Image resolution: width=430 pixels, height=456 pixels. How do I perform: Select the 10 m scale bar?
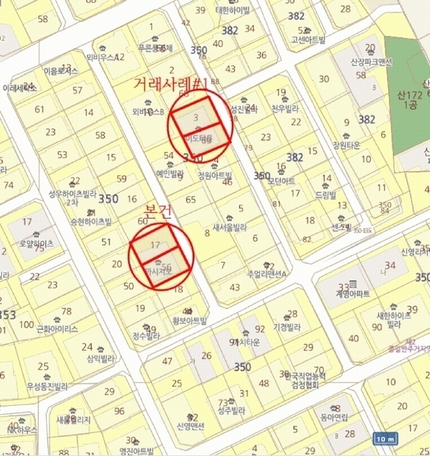tap(385, 439)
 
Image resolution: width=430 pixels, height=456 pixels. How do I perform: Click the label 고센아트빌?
tap(303, 39)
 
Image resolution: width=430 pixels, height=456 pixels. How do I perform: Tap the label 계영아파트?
tap(353, 293)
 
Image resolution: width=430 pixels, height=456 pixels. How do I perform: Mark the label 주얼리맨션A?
tap(245, 274)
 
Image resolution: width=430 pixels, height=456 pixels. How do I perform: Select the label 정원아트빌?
tap(213, 174)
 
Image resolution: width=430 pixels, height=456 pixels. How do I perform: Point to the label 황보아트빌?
tap(190, 320)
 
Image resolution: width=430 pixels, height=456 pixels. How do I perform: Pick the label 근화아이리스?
tap(57, 329)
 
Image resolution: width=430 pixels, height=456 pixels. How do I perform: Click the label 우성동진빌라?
tap(47, 385)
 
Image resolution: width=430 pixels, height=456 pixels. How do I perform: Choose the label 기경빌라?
tap(289, 327)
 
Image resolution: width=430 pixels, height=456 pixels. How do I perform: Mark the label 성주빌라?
tap(230, 410)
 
